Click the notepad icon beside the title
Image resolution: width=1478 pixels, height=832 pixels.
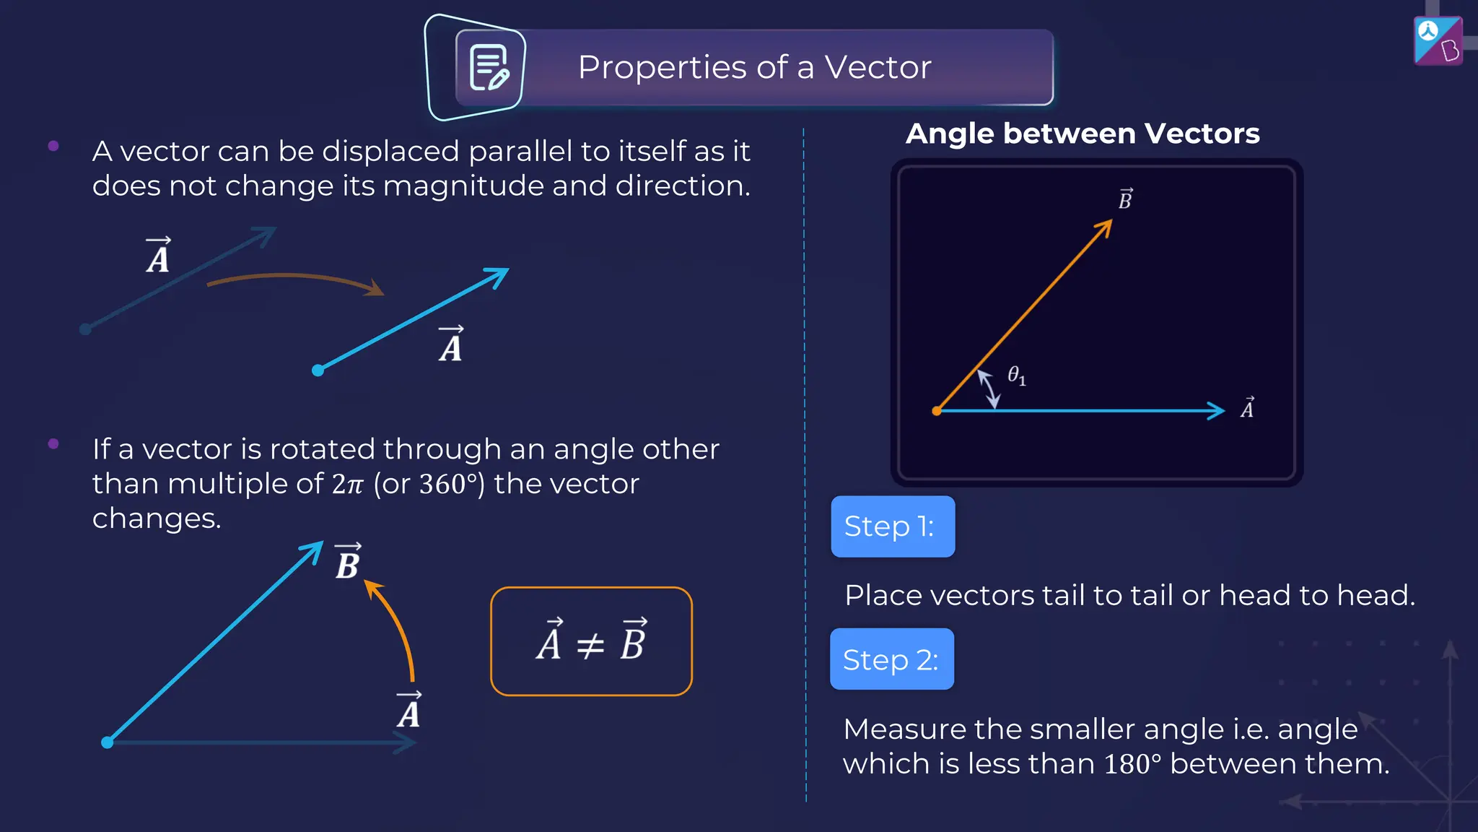[x=489, y=67]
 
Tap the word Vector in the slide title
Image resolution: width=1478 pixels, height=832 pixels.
[x=878, y=67]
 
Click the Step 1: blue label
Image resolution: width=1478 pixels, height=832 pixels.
[x=893, y=526]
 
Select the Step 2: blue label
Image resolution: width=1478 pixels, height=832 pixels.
[x=892, y=659]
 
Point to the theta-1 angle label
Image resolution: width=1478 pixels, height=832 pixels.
[x=1016, y=376]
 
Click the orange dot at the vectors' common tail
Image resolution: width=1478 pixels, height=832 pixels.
[x=937, y=411]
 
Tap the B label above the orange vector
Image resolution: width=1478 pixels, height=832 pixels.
[x=1125, y=199]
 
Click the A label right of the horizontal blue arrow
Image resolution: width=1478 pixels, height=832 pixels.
[x=1247, y=408]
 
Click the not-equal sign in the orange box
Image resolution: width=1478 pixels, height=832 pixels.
[x=590, y=644]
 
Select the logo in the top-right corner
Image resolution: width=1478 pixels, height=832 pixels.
[x=1438, y=41]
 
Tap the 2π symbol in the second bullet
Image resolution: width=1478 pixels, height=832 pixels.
[x=348, y=484]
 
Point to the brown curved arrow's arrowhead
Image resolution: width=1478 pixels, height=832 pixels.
[x=375, y=289]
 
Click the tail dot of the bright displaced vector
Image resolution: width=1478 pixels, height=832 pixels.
[x=318, y=370]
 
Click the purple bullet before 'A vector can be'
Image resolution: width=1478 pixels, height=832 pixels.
[x=53, y=146]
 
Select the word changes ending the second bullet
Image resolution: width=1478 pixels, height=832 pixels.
[x=157, y=519]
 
